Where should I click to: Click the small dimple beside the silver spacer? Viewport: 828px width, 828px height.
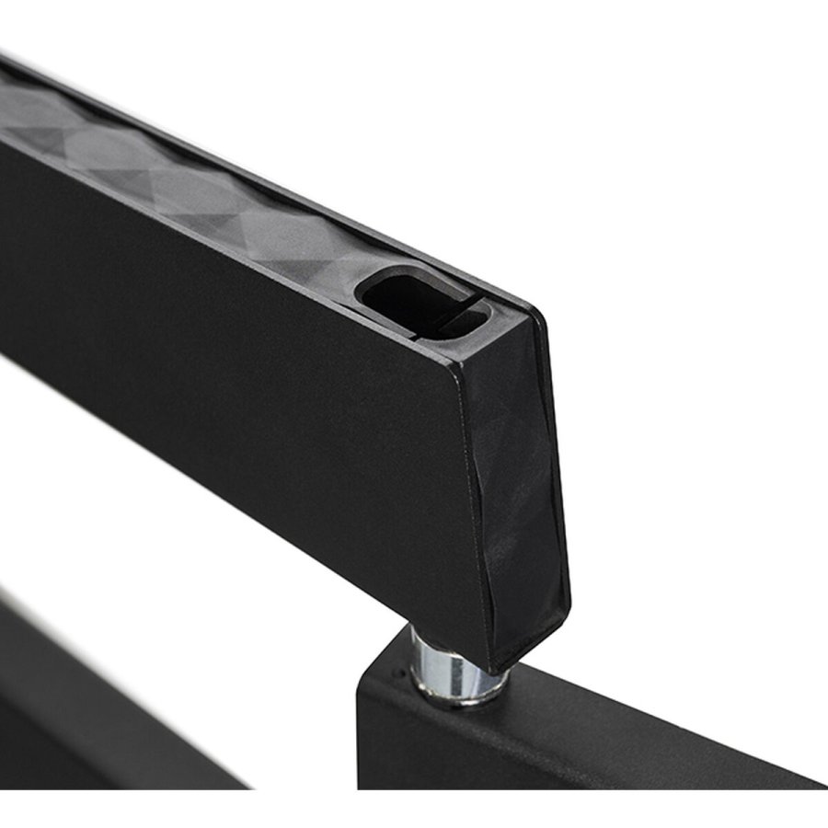coord(397,674)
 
